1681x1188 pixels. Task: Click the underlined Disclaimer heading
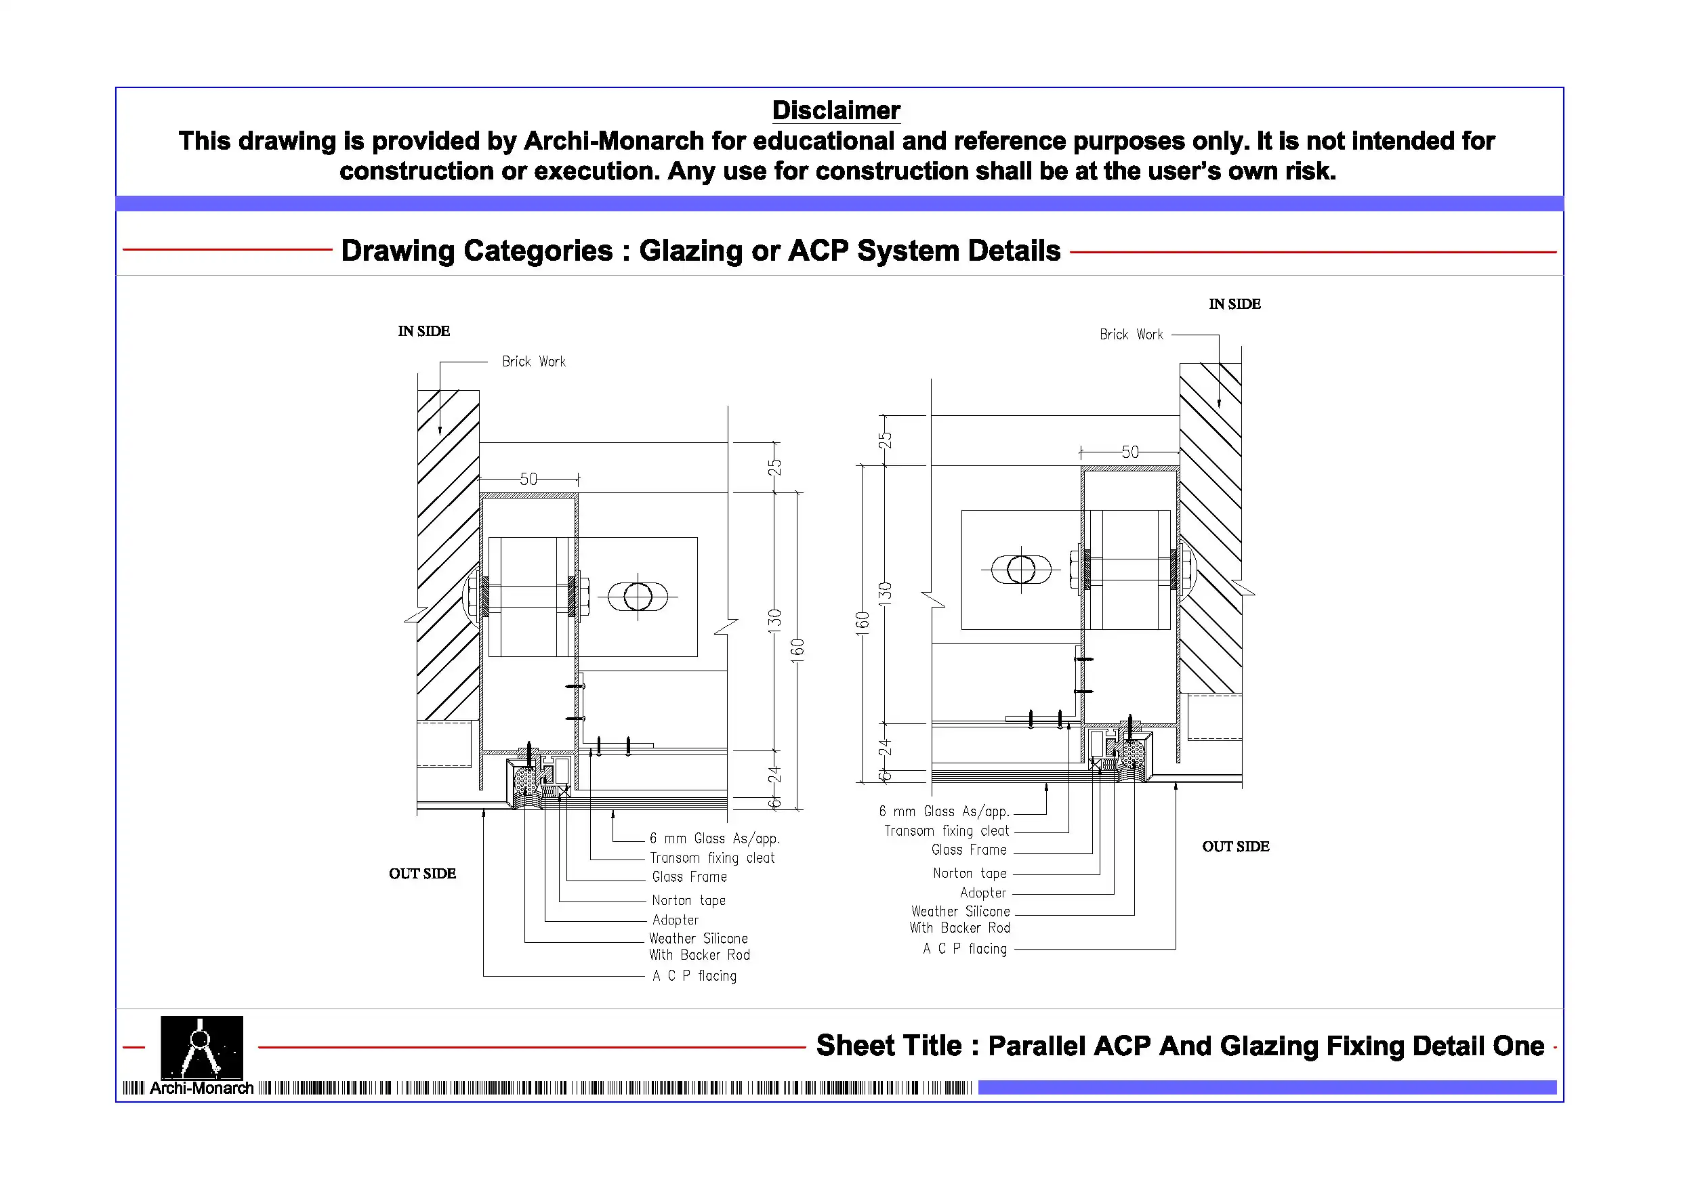click(836, 110)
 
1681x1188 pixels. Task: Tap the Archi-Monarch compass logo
click(201, 1046)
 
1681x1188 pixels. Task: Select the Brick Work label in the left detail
click(534, 362)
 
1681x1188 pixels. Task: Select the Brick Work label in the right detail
click(1131, 335)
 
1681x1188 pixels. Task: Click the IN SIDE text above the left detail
click(424, 332)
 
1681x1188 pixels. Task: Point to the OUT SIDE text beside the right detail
click(1235, 847)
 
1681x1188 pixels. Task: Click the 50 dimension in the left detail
click(528, 480)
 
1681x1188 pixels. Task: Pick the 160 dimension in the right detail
click(863, 624)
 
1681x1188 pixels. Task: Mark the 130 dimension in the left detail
click(774, 620)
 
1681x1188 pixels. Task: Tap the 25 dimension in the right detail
click(885, 440)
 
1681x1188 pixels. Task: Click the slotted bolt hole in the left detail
click(638, 597)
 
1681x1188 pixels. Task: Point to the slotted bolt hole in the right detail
click(1020, 570)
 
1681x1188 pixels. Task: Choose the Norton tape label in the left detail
click(688, 900)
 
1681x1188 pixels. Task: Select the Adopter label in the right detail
click(982, 893)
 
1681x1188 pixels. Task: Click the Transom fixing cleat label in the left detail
click(711, 858)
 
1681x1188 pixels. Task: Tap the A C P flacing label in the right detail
click(964, 949)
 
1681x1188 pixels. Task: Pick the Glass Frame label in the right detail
click(969, 850)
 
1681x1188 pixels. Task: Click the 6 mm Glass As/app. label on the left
click(715, 839)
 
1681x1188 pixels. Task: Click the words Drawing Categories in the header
click(476, 251)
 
